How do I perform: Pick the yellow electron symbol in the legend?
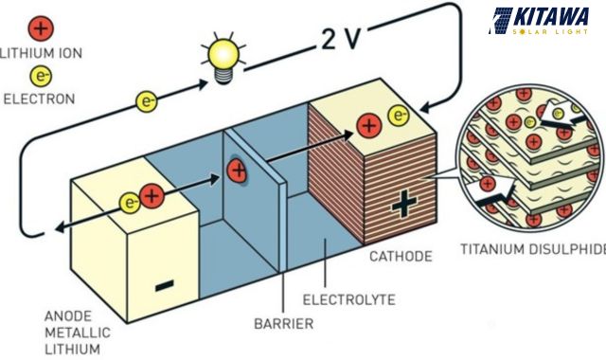(40, 77)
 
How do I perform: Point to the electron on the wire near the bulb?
(147, 99)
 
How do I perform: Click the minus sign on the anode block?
(163, 282)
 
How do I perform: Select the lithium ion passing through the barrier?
(237, 171)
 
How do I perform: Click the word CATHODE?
(401, 257)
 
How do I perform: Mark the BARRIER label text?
(282, 323)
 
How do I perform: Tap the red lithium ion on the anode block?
(151, 197)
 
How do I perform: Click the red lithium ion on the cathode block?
(370, 123)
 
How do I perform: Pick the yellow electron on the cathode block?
(399, 117)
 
